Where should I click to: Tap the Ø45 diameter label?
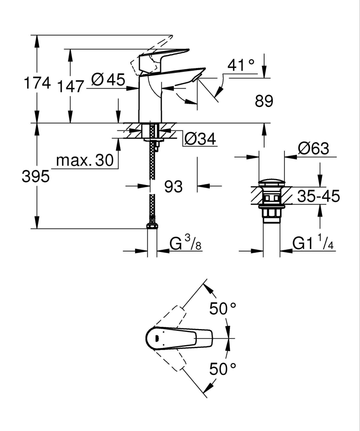[108, 80]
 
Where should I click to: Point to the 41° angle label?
[241, 65]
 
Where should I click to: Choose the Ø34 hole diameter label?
[200, 139]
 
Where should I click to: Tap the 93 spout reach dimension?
[174, 187]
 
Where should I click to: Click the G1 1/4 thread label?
[313, 244]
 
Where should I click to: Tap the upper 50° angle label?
[223, 309]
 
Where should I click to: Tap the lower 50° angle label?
[223, 369]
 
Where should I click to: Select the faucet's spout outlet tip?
[196, 77]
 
